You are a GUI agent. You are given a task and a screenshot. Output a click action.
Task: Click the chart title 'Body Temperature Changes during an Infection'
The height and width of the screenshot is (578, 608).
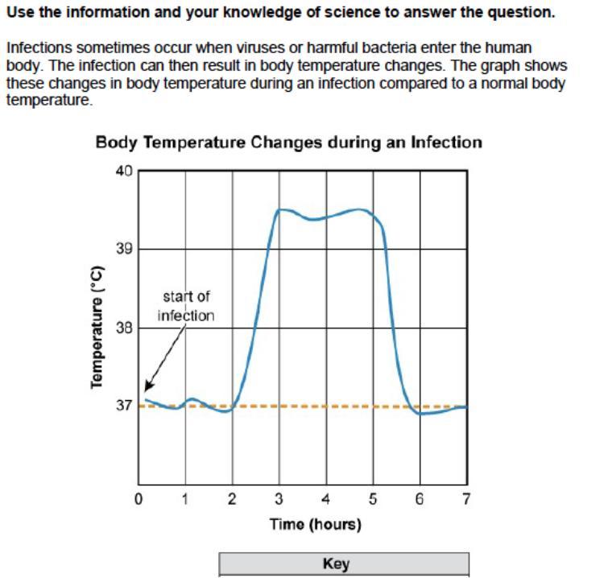pyautogui.click(x=288, y=142)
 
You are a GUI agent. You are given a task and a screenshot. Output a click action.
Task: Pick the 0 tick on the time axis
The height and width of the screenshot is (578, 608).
pyautogui.click(x=139, y=499)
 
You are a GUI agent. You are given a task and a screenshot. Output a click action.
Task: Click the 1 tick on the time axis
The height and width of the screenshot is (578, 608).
pyautogui.click(x=186, y=499)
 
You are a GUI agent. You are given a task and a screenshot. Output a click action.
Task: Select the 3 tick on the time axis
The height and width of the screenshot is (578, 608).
pyautogui.click(x=279, y=499)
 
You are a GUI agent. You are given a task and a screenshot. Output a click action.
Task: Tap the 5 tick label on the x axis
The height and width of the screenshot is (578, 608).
pyautogui.click(x=373, y=499)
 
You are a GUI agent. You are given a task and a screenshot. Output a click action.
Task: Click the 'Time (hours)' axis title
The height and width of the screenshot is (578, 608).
pyautogui.click(x=315, y=525)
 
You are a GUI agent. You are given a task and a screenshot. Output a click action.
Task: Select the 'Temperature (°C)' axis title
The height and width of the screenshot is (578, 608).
pyautogui.click(x=98, y=326)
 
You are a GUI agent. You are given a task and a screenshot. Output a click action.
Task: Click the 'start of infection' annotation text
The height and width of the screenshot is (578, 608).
pyautogui.click(x=186, y=307)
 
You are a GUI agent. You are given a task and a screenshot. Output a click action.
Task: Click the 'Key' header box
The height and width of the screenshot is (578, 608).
pyautogui.click(x=344, y=564)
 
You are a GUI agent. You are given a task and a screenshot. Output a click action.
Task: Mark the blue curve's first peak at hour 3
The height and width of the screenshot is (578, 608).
pyautogui.click(x=279, y=210)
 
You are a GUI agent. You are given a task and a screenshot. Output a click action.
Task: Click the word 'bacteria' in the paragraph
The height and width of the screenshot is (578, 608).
pyautogui.click(x=367, y=48)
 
